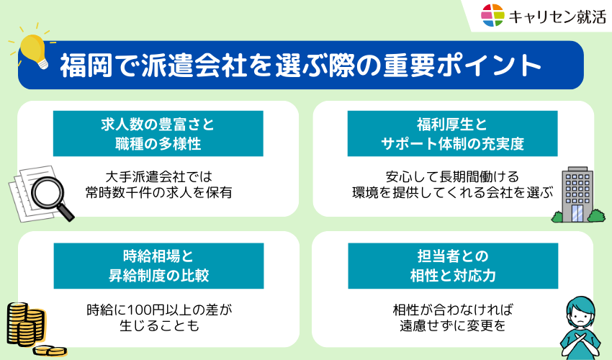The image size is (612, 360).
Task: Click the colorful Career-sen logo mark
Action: pyautogui.click(x=493, y=15)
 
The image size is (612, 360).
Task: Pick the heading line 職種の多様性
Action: pyautogui.click(x=158, y=143)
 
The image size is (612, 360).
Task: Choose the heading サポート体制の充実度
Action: pyautogui.click(x=452, y=143)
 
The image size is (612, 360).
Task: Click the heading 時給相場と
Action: pyautogui.click(x=158, y=255)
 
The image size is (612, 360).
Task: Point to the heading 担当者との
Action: pyautogui.click(x=452, y=255)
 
